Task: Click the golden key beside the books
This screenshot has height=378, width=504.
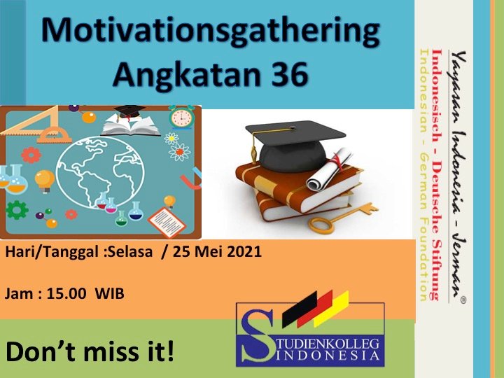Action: coord(343,218)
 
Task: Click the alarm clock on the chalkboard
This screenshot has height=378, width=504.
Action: coord(181,117)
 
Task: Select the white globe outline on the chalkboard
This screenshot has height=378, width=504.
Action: coord(100,172)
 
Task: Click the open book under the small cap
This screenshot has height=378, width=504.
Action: coord(131,126)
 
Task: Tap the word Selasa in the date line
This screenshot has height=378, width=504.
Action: coord(130,251)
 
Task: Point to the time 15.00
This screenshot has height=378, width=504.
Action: coord(66,293)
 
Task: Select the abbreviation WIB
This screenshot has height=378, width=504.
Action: coord(110,294)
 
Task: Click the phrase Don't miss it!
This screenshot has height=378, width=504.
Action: coord(90,351)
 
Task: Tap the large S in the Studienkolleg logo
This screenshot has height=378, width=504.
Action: coord(256,335)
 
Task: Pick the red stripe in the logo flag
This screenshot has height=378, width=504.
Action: coord(315,309)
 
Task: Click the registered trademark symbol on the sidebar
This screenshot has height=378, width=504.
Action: coord(463,300)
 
